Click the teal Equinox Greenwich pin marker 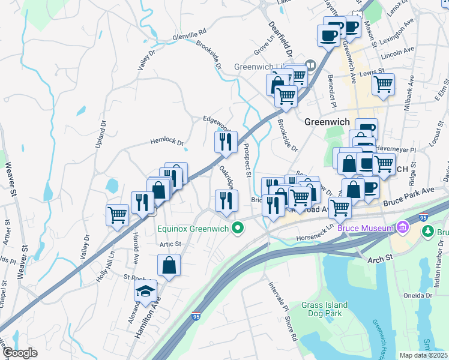coord(238,227)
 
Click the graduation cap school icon coord(145,292)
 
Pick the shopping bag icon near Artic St coord(169,265)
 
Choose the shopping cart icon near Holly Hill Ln coord(118,214)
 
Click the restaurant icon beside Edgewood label coord(226,142)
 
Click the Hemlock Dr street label coord(166,142)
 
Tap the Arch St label coord(378,257)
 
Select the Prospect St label coord(247,160)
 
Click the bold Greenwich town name coord(327,121)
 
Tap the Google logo coord(19,353)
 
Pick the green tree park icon coord(428,230)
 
